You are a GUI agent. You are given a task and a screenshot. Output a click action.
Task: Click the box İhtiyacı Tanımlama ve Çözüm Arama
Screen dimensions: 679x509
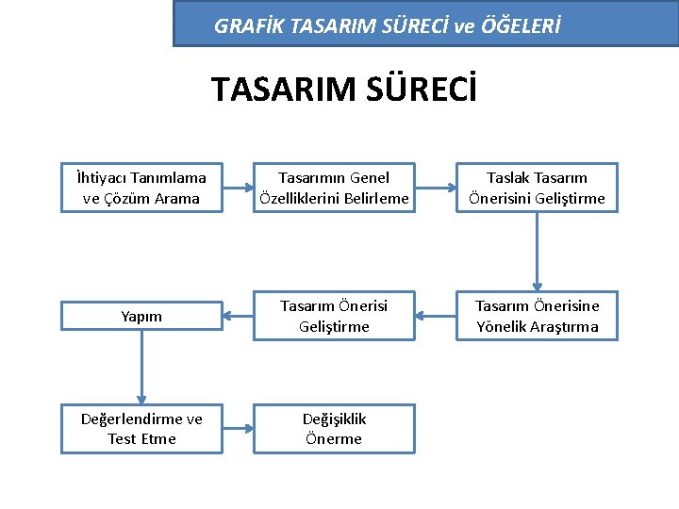[x=141, y=188]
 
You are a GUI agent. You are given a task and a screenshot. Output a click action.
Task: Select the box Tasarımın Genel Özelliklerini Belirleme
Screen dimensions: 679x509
[x=335, y=188]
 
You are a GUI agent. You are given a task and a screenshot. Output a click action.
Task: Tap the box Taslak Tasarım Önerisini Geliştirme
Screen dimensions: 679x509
[x=537, y=188]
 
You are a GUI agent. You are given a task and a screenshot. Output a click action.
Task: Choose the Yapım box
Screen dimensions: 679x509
[x=141, y=317]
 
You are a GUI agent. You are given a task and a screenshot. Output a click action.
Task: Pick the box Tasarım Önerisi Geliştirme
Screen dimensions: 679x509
[x=335, y=317]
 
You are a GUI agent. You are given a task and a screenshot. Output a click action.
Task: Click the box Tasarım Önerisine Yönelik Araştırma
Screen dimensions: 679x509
[x=537, y=317]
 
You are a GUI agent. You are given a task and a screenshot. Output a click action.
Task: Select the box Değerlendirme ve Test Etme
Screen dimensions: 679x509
[x=141, y=429]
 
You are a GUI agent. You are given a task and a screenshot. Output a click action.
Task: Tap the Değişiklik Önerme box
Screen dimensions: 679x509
[x=335, y=429]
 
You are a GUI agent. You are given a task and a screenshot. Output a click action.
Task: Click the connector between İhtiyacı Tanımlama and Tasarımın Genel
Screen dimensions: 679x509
[x=239, y=188]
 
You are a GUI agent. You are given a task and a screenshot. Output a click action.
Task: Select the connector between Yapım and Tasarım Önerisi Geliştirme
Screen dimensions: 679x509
[x=239, y=317]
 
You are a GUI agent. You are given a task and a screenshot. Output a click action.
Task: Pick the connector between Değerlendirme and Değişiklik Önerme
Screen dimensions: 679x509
[x=239, y=429]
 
